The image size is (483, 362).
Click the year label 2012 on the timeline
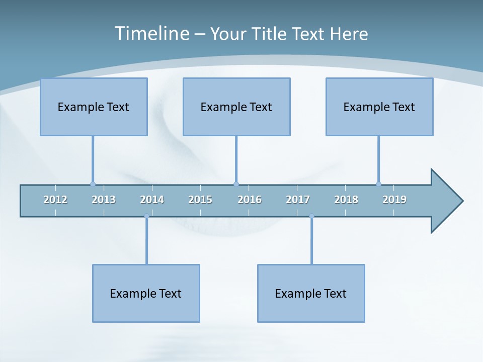click(x=55, y=200)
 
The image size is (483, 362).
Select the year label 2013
click(x=104, y=200)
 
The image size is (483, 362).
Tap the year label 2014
click(x=152, y=200)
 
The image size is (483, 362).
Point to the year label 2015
click(x=200, y=200)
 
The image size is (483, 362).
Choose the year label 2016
click(x=250, y=200)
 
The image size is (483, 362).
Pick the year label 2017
click(x=298, y=200)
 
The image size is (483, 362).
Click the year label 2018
click(x=346, y=200)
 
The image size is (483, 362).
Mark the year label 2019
click(x=394, y=200)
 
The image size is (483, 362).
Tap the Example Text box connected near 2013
click(x=94, y=107)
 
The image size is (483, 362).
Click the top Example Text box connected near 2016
click(x=236, y=107)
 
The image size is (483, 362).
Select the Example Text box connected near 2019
click(x=379, y=107)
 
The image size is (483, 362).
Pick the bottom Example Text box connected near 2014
click(x=146, y=293)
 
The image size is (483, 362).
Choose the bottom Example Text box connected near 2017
click(x=311, y=293)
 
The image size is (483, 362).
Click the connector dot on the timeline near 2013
click(x=93, y=184)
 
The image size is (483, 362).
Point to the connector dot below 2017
click(x=311, y=217)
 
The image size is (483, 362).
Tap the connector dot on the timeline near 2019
click(x=378, y=184)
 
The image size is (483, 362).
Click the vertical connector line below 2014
click(x=146, y=241)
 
